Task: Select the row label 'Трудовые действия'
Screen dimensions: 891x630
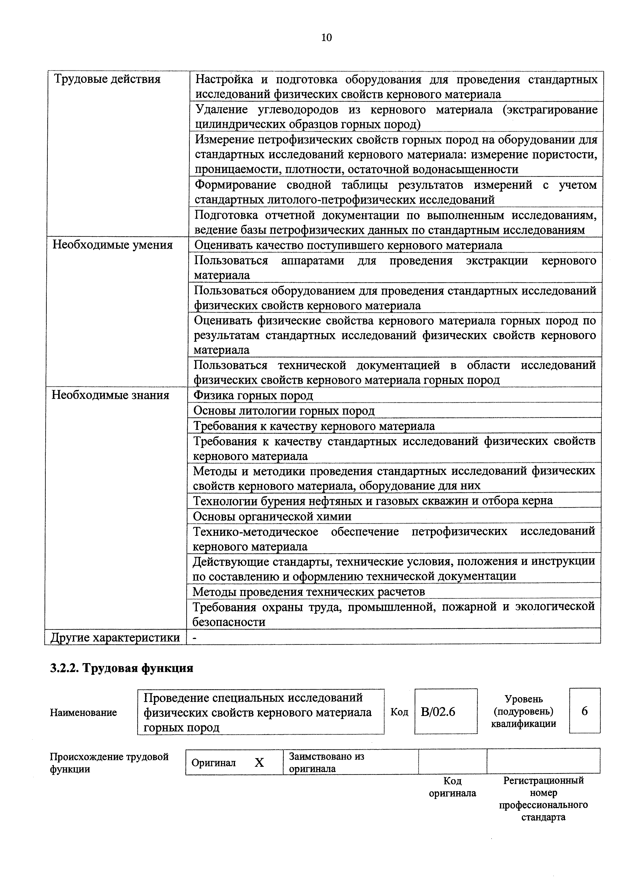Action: click(x=107, y=79)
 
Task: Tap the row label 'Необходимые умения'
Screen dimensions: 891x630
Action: click(x=113, y=245)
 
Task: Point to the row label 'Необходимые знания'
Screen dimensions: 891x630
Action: click(x=111, y=395)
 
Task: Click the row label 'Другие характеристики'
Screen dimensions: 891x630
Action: click(x=116, y=638)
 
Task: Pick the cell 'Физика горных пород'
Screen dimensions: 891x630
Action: click(x=253, y=395)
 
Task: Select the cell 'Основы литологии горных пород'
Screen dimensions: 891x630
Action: click(x=284, y=411)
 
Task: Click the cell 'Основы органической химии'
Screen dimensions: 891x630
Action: click(x=272, y=517)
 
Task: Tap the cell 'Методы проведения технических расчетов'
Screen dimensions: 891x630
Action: click(x=309, y=591)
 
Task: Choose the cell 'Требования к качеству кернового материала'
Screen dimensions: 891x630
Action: click(x=314, y=426)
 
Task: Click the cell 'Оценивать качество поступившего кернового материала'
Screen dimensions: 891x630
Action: click(x=348, y=245)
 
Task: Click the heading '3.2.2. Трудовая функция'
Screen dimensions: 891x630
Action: click(x=121, y=668)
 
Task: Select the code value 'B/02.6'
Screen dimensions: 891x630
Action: click(x=438, y=712)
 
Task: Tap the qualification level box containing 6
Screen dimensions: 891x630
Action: click(x=585, y=711)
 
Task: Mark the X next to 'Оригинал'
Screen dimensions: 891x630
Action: click(x=259, y=763)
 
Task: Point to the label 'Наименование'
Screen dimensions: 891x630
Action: click(x=83, y=712)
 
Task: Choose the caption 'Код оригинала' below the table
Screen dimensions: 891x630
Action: click(x=452, y=787)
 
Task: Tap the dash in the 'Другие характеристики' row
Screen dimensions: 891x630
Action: click(x=194, y=638)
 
